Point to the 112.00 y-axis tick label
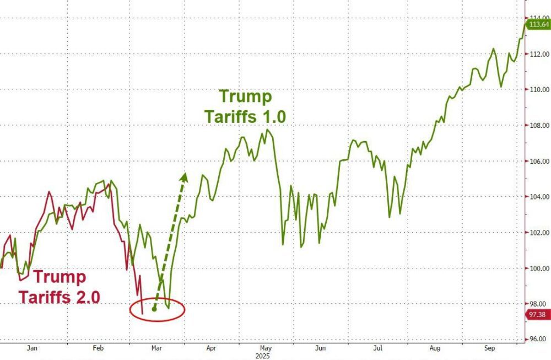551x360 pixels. tap(538, 54)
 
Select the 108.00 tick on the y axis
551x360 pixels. tap(538, 126)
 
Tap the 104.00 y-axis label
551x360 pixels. tap(538, 197)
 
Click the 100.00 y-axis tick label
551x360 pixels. tap(538, 268)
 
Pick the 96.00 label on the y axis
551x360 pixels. tap(538, 339)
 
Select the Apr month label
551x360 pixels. tap(210, 348)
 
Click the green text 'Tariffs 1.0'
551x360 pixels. tap(245, 117)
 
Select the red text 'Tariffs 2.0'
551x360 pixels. tap(60, 297)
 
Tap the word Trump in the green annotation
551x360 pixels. tap(246, 97)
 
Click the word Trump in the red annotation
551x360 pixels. tap(60, 277)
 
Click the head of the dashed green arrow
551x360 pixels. tap(185, 176)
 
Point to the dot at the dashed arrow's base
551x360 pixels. tap(154, 309)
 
